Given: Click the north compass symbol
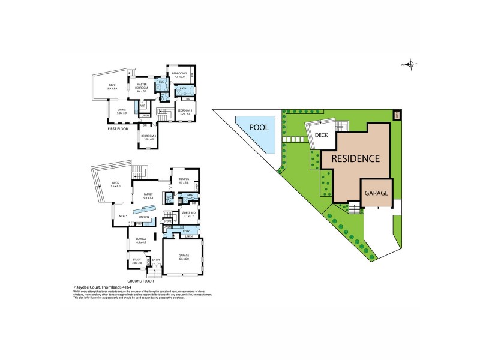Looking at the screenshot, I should [410, 64].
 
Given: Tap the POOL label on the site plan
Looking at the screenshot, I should [254, 128].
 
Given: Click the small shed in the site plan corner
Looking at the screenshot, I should [396, 115].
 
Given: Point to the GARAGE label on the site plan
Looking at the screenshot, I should [376, 194].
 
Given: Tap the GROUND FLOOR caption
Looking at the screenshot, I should [140, 280].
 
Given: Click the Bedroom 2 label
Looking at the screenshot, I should [179, 74].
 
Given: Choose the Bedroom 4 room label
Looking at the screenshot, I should [148, 137].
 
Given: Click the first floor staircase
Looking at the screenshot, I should [161, 112].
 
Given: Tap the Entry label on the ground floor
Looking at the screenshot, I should [156, 260].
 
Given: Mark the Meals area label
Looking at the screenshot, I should [124, 216].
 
